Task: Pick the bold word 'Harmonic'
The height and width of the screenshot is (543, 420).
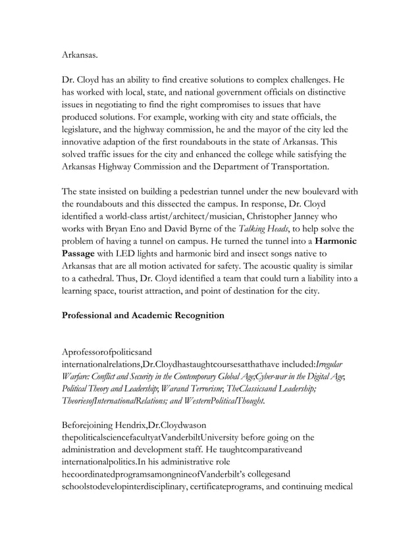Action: (x=336, y=241)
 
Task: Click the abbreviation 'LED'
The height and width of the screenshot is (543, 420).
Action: (x=137, y=254)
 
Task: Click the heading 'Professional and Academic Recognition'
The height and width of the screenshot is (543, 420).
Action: (x=143, y=315)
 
